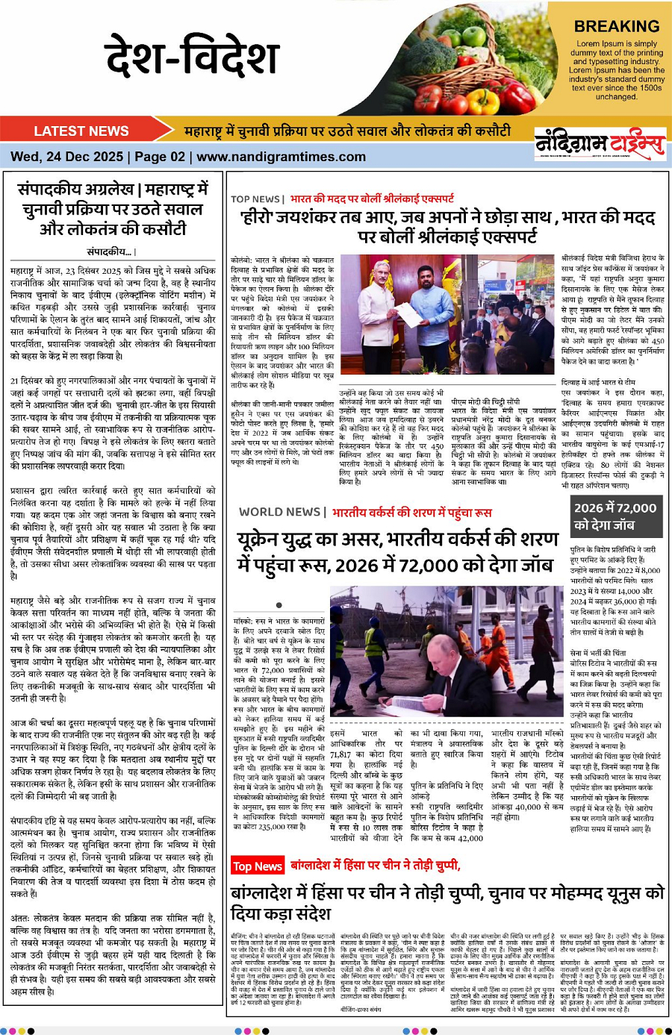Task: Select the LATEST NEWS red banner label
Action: click(81, 131)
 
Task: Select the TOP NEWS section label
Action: click(255, 199)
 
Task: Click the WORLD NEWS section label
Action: click(280, 512)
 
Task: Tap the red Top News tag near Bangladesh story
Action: click(257, 866)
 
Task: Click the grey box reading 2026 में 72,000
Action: click(615, 516)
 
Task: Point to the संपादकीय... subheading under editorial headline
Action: click(111, 251)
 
